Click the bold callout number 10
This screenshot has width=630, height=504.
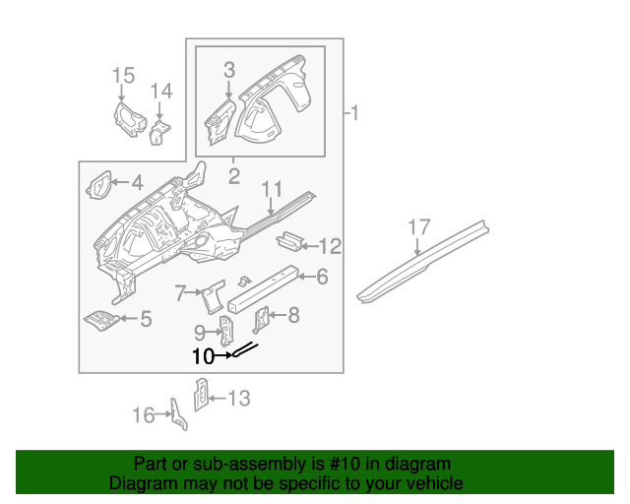(203, 356)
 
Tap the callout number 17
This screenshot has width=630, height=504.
(419, 227)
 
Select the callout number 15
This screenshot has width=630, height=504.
(123, 75)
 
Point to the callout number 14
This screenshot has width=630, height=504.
(161, 91)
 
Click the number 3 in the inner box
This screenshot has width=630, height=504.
(229, 70)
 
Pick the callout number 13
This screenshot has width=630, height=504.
(239, 399)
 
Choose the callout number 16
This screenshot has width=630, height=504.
(144, 414)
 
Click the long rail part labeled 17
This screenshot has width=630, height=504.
(422, 261)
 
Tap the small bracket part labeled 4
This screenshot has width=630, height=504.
(98, 185)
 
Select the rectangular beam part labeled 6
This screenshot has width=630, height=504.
(263, 288)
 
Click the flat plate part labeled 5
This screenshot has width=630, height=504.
(101, 320)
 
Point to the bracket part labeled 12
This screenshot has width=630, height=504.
(288, 241)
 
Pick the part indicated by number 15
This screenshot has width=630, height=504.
(129, 119)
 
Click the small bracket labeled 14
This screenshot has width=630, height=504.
(159, 133)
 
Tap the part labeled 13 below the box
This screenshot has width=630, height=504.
(201, 395)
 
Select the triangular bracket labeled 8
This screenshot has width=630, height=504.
(261, 320)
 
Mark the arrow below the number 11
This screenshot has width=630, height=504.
(272, 207)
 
